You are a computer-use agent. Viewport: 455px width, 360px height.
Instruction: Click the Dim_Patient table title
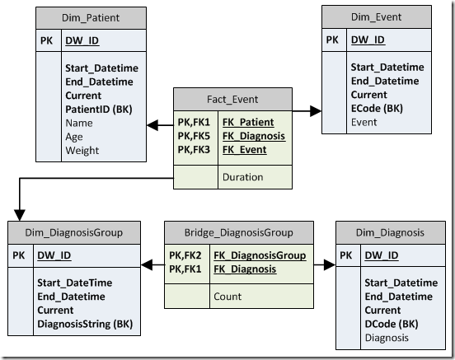click(91, 18)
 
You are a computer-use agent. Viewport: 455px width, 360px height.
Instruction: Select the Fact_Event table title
click(232, 100)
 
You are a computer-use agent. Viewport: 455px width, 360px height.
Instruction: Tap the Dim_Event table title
click(377, 17)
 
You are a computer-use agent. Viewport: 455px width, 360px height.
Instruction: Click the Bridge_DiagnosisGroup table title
click(239, 232)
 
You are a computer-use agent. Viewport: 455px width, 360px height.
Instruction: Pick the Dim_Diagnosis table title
click(390, 232)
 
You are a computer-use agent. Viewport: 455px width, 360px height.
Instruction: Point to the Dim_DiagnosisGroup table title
click(74, 232)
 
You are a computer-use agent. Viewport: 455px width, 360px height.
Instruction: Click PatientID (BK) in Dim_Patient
click(99, 110)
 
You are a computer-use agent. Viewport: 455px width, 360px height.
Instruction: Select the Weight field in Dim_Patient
click(82, 151)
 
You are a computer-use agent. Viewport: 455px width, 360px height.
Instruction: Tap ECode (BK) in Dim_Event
click(377, 109)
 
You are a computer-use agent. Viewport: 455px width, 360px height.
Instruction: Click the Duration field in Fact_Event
click(243, 177)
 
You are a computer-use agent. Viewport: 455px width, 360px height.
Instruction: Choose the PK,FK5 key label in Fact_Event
click(194, 136)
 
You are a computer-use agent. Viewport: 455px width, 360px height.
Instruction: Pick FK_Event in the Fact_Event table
click(245, 150)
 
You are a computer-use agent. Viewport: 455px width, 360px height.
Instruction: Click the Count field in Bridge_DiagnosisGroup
click(227, 297)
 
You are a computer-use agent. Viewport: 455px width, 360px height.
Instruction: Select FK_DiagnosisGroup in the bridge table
click(260, 255)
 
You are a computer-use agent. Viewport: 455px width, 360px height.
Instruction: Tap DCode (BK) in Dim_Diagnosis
click(392, 324)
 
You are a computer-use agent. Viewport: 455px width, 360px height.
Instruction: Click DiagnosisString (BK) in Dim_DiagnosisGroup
click(85, 324)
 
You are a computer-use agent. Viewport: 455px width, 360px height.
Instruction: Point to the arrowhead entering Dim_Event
click(316, 111)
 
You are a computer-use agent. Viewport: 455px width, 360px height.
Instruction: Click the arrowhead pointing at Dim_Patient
click(152, 125)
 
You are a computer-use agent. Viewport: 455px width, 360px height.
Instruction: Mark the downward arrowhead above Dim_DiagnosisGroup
click(20, 215)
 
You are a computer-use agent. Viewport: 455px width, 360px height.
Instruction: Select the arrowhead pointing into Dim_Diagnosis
click(330, 264)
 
